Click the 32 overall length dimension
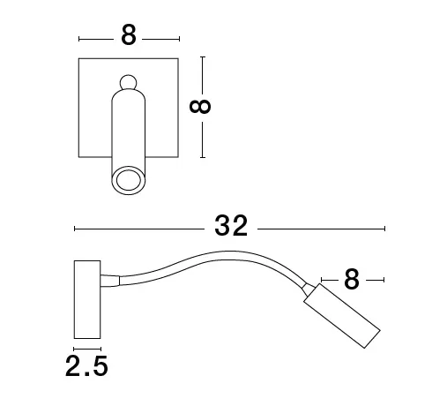(231, 226)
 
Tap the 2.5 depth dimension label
(86, 366)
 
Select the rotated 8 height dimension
(200, 107)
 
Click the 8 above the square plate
(129, 34)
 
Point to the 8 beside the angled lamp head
(352, 279)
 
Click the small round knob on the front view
(129, 82)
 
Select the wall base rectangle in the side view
(87, 299)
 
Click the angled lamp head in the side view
(342, 316)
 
